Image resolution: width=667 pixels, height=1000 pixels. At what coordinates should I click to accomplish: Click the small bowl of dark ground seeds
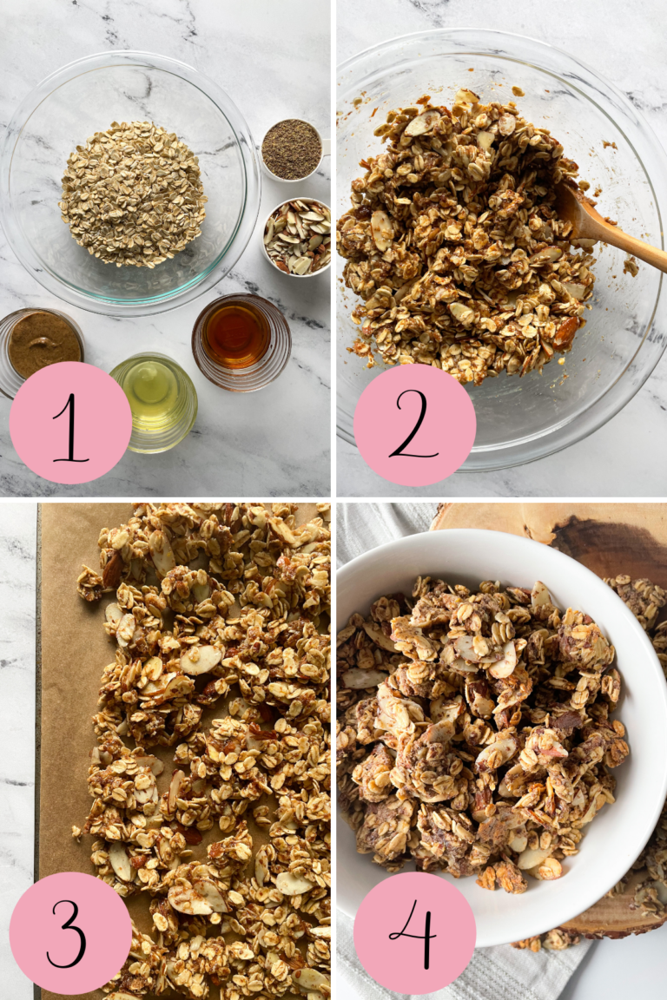(292, 149)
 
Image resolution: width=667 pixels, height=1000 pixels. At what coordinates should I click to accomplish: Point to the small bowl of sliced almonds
(297, 236)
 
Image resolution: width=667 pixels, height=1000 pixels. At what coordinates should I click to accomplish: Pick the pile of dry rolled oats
(133, 193)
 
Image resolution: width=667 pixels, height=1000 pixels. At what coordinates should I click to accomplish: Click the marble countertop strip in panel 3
(17, 694)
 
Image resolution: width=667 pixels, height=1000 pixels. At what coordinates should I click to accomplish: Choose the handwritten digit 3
(69, 933)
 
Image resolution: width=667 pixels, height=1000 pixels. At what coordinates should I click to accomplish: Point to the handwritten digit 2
(414, 425)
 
